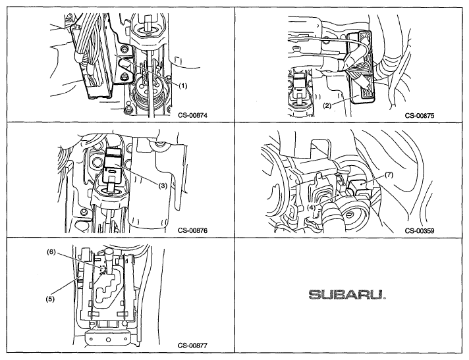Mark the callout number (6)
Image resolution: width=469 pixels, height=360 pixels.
[x=51, y=251]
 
